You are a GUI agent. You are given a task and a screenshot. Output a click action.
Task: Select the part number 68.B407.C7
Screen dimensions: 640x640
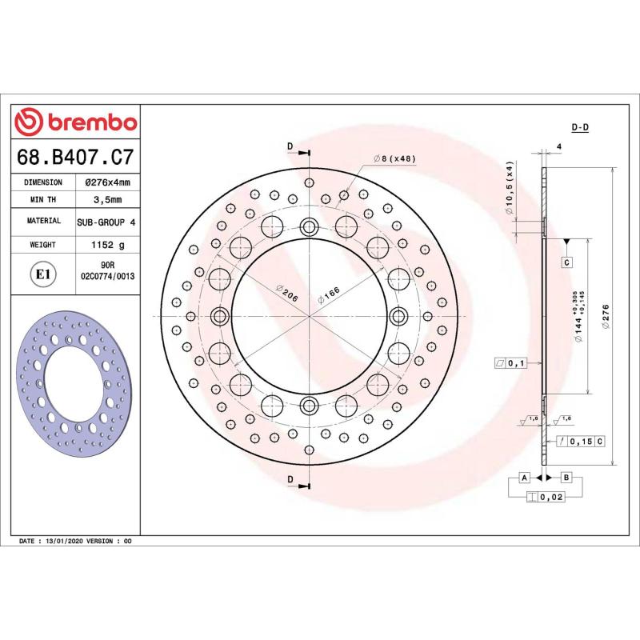pyautogui.click(x=76, y=158)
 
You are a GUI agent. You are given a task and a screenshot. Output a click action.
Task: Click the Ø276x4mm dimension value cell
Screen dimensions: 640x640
pyautogui.click(x=107, y=182)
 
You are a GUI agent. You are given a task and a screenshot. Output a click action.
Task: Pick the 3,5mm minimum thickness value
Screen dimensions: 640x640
pyautogui.click(x=107, y=199)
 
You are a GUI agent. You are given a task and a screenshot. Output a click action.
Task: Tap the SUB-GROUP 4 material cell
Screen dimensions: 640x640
pyautogui.click(x=107, y=220)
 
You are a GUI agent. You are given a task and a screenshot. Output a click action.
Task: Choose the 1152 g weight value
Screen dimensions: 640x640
pyautogui.click(x=107, y=244)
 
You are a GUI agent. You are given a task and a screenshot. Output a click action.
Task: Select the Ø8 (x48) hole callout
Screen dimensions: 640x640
pyautogui.click(x=395, y=159)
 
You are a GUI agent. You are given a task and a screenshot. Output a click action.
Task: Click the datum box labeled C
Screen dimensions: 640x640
pyautogui.click(x=566, y=262)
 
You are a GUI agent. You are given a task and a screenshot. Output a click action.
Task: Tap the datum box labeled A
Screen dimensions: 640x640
pyautogui.click(x=524, y=478)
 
